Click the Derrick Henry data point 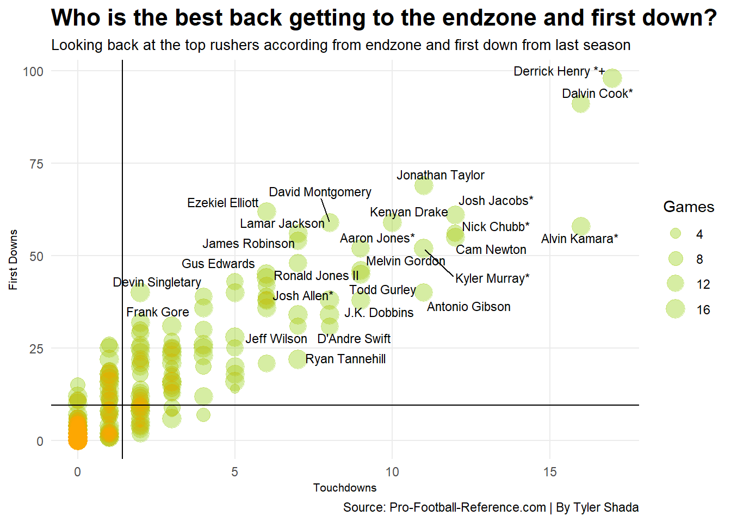click(612, 78)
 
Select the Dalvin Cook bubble click(581, 103)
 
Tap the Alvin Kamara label click(579, 239)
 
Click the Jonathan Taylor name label click(440, 175)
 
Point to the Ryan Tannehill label click(345, 359)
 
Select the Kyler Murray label click(492, 278)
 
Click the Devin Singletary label click(157, 282)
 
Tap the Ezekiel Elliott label click(222, 203)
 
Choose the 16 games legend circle click(676, 309)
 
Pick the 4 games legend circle click(676, 234)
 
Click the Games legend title click(688, 207)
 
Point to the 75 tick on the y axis click(36, 164)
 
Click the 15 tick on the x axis click(549, 471)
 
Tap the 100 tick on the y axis click(33, 71)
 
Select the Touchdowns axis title click(345, 488)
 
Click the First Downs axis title click(13, 259)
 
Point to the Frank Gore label click(157, 312)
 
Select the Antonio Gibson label click(468, 307)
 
